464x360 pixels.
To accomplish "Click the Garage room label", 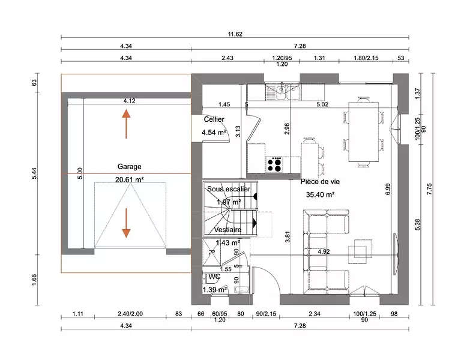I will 129,167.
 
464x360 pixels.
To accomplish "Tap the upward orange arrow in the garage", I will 126,124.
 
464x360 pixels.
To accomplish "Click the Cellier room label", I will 214,120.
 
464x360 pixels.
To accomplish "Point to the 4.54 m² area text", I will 214,133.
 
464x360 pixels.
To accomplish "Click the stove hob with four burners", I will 275,164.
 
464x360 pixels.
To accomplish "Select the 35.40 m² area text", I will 320,194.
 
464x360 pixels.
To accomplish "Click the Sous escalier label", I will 229,189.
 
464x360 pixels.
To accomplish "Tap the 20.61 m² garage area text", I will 129,179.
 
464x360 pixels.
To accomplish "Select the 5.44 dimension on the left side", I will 34,174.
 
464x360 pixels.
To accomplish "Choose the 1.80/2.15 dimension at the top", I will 366,58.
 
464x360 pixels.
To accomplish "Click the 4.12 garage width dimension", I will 129,101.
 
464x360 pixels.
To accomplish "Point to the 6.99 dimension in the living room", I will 388,189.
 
